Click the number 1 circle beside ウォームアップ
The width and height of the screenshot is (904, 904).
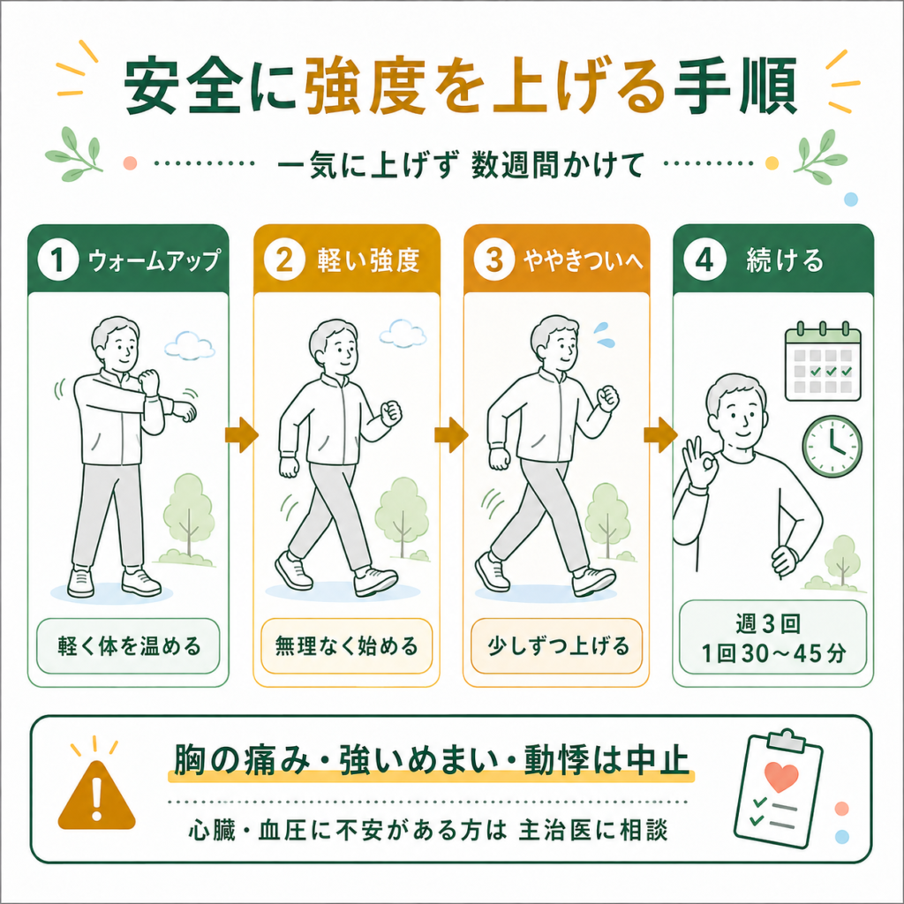tap(58, 260)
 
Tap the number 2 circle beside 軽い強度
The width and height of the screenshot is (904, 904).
tap(284, 260)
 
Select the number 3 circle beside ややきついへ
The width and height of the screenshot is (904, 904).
tap(494, 260)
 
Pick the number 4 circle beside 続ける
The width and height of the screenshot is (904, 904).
tap(704, 260)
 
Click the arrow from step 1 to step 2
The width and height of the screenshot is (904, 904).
tap(242, 434)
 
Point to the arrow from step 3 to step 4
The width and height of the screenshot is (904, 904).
tap(660, 434)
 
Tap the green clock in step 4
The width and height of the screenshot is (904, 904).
tap(832, 447)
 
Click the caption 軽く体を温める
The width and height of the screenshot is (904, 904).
tap(129, 645)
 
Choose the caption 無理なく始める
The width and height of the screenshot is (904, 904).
tap(346, 645)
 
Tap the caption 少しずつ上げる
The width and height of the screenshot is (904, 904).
tap(558, 645)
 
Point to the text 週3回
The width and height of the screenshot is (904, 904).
tap(768, 624)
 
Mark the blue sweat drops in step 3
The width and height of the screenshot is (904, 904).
tap(605, 335)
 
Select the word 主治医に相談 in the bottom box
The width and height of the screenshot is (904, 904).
tap(593, 831)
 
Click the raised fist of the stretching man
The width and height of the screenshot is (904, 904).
tap(149, 381)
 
